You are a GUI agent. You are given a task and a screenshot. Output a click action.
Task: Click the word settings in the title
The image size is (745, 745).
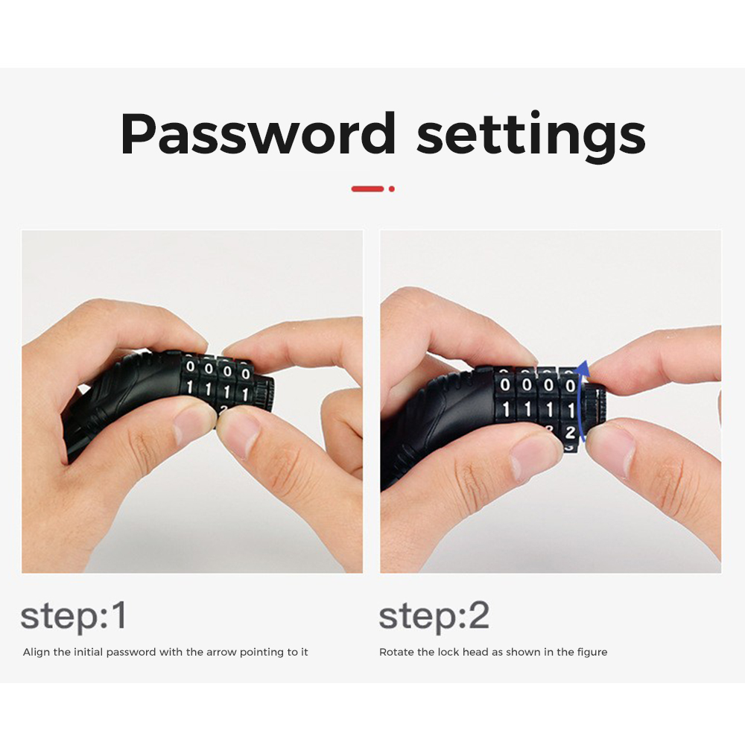[530, 136]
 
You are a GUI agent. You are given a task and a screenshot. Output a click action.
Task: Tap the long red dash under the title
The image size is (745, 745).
[367, 188]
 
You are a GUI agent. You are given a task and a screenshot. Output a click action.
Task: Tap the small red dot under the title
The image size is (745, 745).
[392, 188]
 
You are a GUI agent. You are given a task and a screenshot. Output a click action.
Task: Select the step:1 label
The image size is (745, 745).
[74, 617]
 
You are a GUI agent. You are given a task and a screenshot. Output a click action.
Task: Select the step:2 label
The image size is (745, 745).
[434, 617]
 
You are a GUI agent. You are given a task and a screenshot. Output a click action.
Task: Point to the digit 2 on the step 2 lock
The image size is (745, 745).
[570, 432]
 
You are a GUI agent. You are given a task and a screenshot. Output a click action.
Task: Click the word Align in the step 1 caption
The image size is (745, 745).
[36, 653]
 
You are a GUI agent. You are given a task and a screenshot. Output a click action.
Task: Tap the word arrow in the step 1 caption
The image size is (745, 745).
[221, 653]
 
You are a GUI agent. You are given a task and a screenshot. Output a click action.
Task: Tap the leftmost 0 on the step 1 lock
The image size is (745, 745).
[191, 367]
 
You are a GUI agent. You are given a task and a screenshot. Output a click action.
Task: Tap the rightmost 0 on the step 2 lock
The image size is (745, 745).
[570, 385]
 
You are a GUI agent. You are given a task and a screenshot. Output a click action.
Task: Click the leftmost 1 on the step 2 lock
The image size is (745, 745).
[506, 408]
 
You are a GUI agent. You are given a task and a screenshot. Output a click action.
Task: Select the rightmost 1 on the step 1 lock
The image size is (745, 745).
[245, 394]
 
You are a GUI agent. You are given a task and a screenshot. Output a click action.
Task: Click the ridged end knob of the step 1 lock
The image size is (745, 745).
[265, 394]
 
